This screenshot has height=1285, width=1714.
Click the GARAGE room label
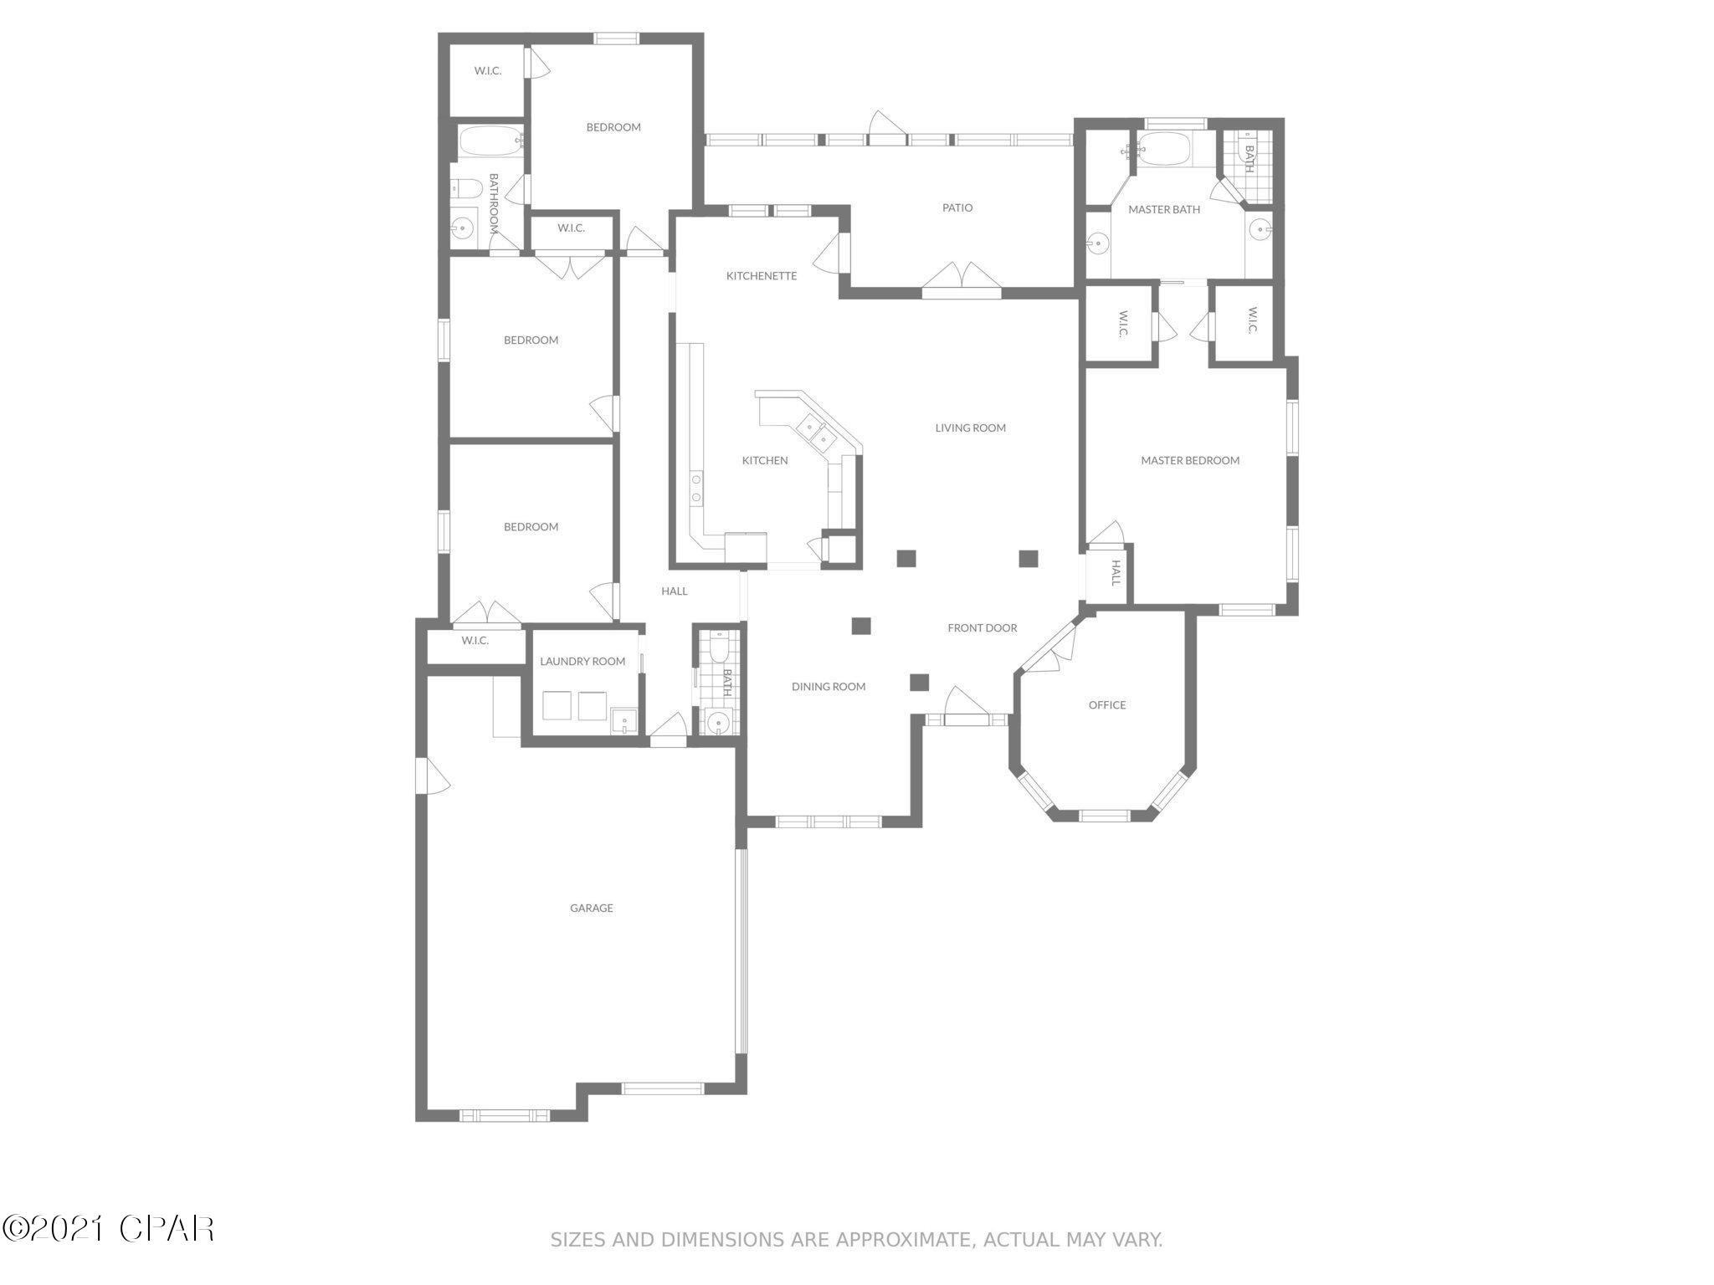[x=592, y=908]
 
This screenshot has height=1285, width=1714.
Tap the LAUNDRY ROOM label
[x=582, y=662]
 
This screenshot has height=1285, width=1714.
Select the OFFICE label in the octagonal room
[x=1106, y=705]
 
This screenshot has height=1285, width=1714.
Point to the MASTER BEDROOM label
[x=1190, y=460]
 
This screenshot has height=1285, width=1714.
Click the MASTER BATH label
[x=1164, y=209]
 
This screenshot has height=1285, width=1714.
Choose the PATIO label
[x=957, y=207]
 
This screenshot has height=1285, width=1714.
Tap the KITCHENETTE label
[x=762, y=276]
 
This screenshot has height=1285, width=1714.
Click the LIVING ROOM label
[x=970, y=428]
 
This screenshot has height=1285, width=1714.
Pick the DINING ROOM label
[x=829, y=687]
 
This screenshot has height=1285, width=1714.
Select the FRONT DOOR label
[x=983, y=628]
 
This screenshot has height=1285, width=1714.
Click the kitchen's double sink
[x=817, y=432]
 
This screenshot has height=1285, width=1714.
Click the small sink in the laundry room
[x=624, y=719]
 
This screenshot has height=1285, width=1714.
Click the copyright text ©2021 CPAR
[x=109, y=1228]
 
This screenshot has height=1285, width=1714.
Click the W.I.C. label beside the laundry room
[x=475, y=641]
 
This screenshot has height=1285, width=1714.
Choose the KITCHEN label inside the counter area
[x=765, y=461]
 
